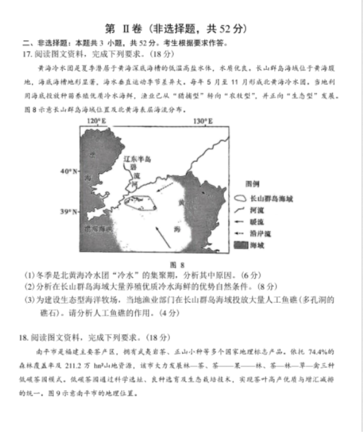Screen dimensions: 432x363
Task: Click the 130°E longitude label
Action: pyautogui.click(x=203, y=121)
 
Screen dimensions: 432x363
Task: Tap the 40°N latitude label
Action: pyautogui.click(x=69, y=172)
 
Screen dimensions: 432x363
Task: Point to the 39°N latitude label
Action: pyautogui.click(x=69, y=212)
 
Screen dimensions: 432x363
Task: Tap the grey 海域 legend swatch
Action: pyautogui.click(x=241, y=245)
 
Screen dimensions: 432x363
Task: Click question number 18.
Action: pyautogui.click(x=23, y=338)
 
